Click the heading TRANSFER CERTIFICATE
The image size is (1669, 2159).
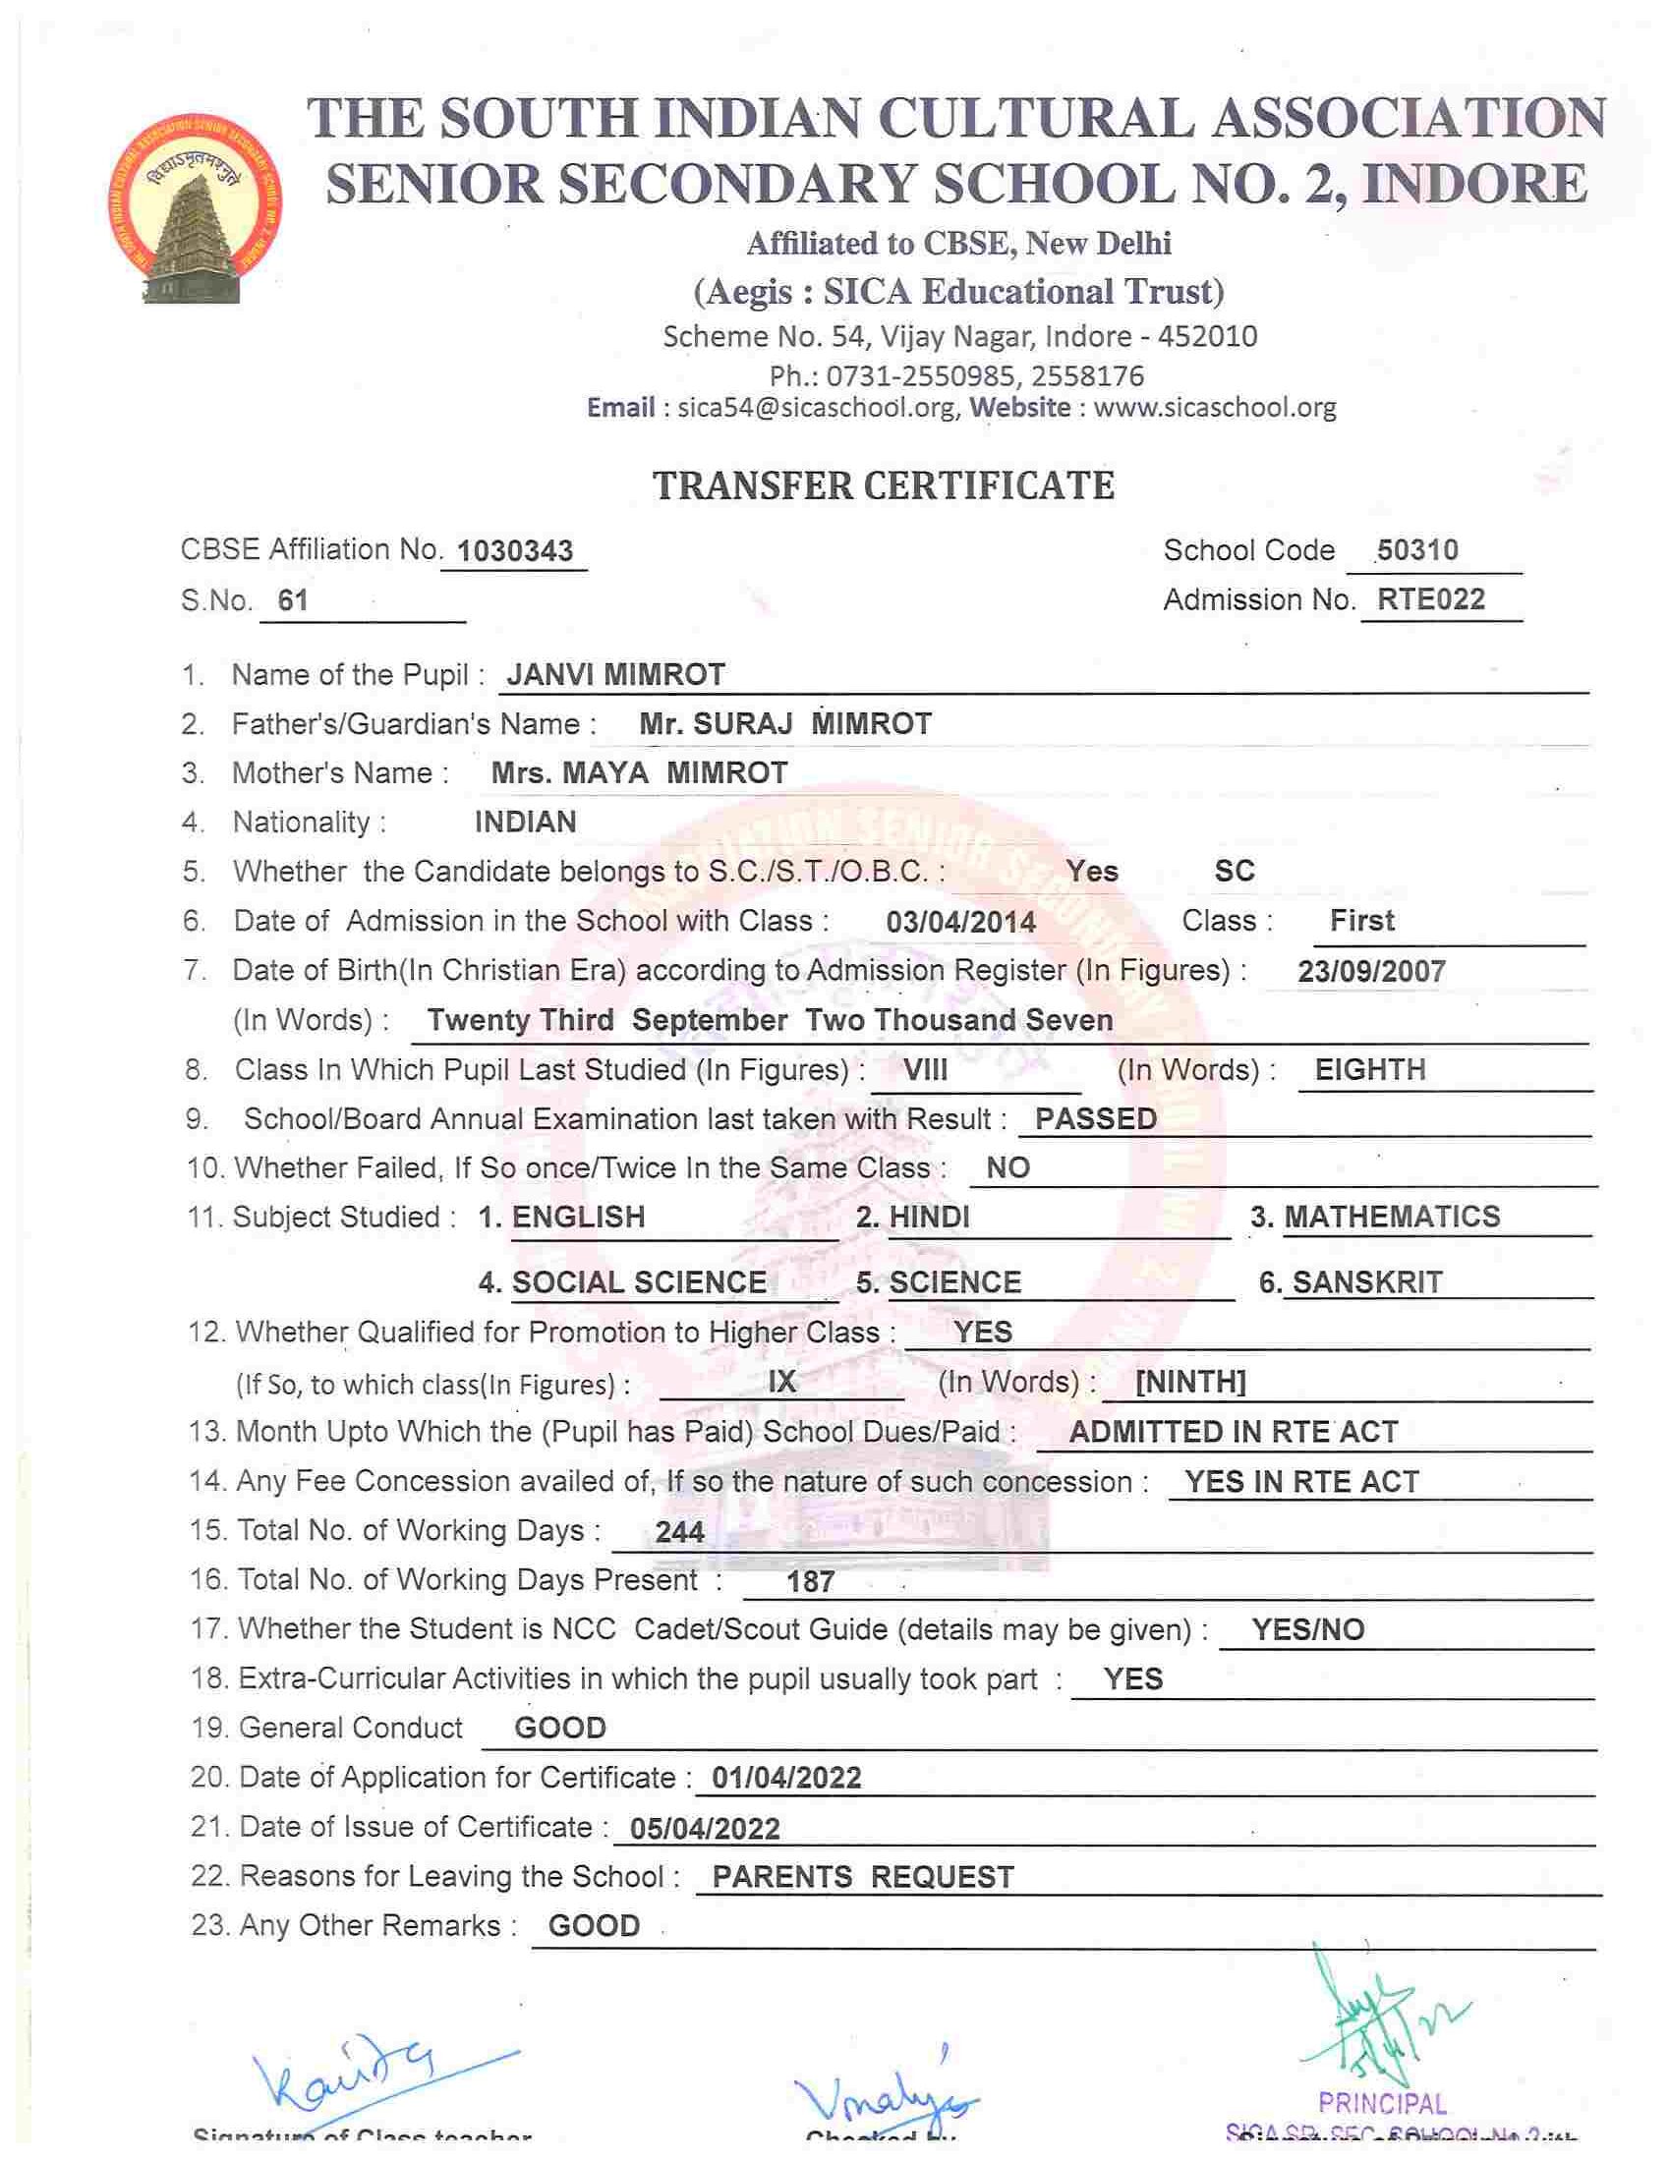click(x=884, y=485)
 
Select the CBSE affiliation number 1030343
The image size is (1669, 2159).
click(x=516, y=550)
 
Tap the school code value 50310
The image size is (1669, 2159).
click(x=1416, y=549)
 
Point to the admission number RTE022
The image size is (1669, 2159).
click(x=1431, y=599)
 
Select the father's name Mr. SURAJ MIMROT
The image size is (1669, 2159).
click(x=785, y=723)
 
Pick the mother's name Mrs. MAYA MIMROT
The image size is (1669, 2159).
click(x=640, y=772)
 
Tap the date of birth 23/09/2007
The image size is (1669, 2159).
click(x=1371, y=971)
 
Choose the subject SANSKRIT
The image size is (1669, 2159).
click(x=1367, y=1282)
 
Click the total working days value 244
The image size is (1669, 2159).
click(x=679, y=1532)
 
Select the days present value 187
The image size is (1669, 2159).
click(x=811, y=1582)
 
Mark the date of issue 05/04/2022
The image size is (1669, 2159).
click(x=705, y=1829)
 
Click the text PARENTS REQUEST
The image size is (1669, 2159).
click(x=863, y=1877)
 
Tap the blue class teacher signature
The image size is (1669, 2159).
click(x=356, y=2072)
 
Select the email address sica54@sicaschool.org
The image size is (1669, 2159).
click(x=816, y=407)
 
